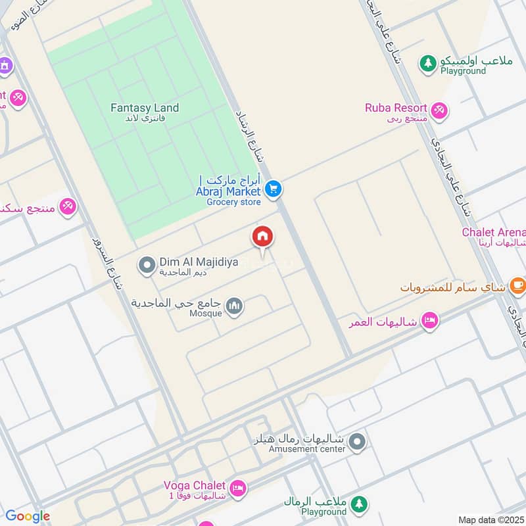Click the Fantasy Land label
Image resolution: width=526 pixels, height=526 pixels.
[x=144, y=108]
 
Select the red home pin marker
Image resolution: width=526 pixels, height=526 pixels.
[x=263, y=237]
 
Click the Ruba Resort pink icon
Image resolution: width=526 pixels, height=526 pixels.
[x=440, y=109]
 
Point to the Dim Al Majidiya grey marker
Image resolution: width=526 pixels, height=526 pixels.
[x=146, y=266]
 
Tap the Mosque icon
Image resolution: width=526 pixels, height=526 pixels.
[x=234, y=306]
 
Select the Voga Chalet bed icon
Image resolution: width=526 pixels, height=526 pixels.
[x=238, y=488]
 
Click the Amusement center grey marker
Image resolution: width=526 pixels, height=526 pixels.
[x=357, y=442]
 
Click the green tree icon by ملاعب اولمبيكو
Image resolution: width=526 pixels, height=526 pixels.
[x=428, y=63]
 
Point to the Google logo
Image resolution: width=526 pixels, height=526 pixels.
[x=27, y=516]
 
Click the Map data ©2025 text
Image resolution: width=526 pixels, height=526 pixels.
[x=490, y=519]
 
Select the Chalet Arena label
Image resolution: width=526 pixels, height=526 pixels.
[x=494, y=232]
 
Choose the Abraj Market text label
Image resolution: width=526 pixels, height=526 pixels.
[x=227, y=191]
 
